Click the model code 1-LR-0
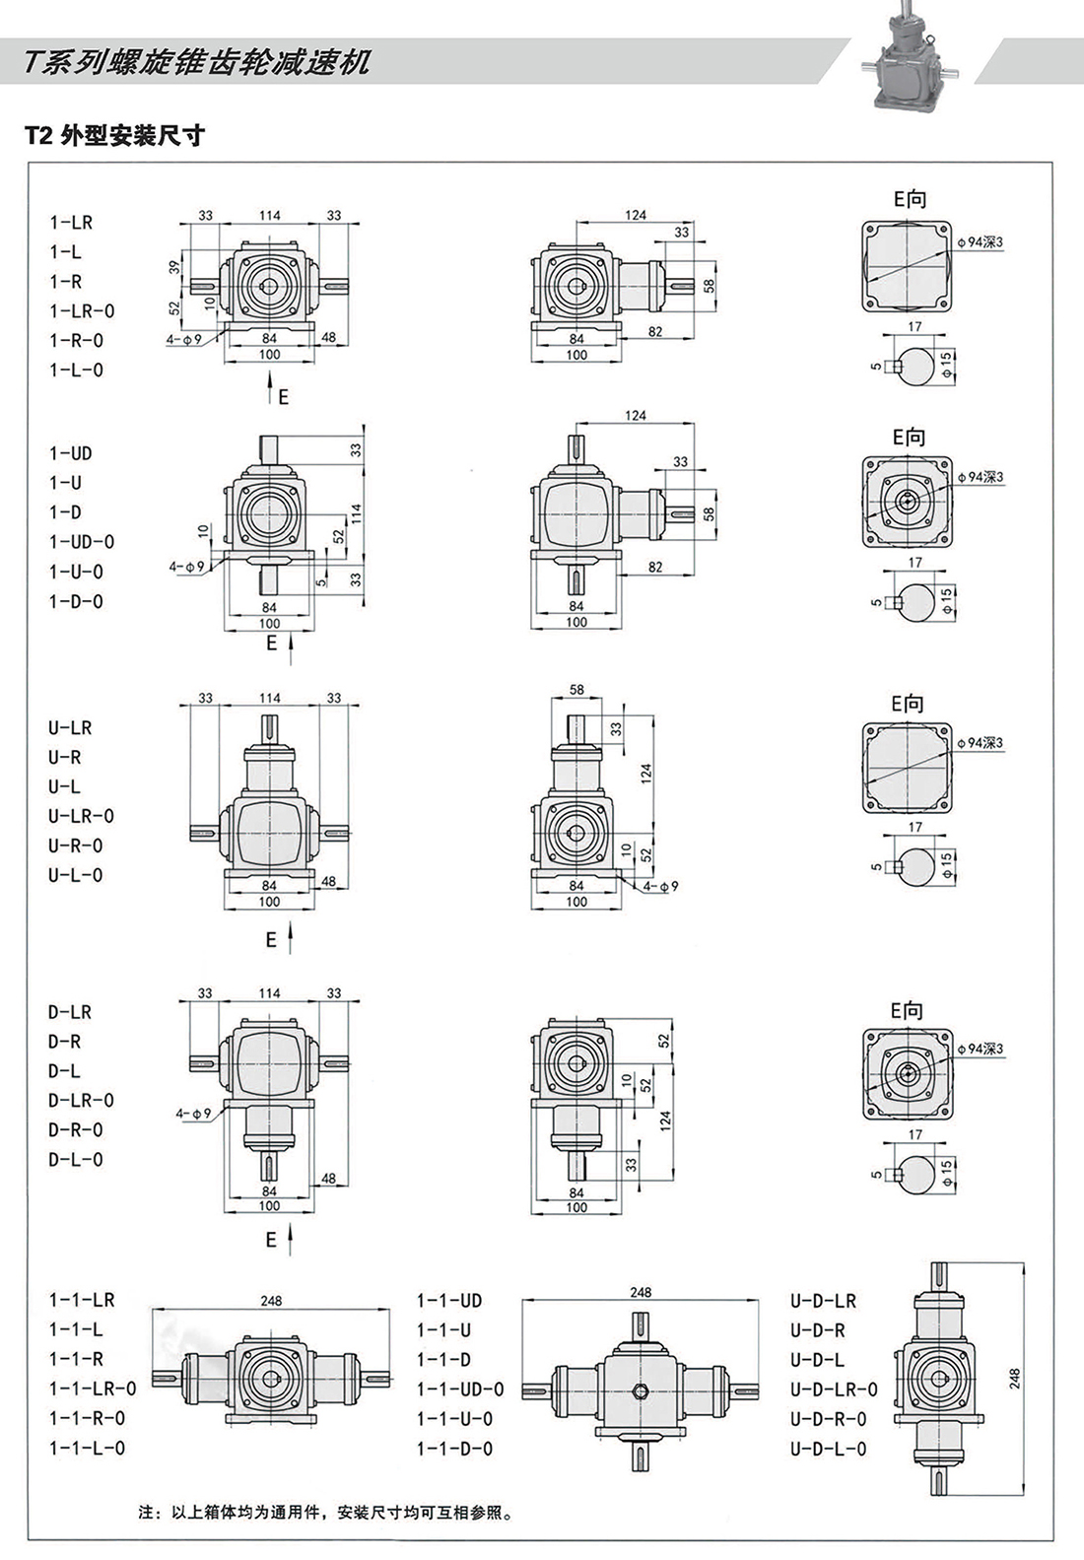point(82,311)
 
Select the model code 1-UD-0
point(82,542)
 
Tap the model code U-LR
point(70,728)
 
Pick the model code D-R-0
point(76,1130)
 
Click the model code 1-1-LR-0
point(93,1390)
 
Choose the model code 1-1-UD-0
point(460,1390)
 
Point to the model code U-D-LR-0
point(834,1390)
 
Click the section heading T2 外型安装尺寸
point(114,136)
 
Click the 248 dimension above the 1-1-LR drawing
point(271,1301)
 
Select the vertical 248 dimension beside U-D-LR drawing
point(1015,1378)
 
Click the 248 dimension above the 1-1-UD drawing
point(641,1292)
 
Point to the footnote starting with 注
point(325,1512)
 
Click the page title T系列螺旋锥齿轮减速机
point(197,63)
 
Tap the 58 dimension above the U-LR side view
point(576,691)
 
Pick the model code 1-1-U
point(443,1330)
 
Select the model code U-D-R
point(817,1330)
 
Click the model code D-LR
point(70,1012)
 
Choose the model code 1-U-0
point(76,572)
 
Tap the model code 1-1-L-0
point(87,1448)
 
